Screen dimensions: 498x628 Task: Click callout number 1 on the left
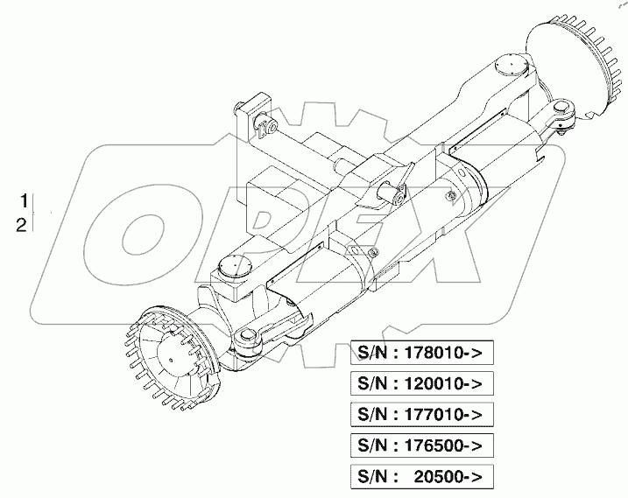(x=25, y=200)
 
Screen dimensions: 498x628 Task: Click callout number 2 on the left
(x=25, y=226)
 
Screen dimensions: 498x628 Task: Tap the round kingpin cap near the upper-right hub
(x=511, y=66)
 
